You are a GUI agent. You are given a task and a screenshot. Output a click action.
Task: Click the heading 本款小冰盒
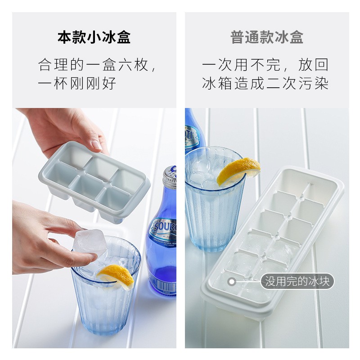[x=94, y=37]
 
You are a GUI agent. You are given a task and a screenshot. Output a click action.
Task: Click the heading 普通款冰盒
[x=267, y=37]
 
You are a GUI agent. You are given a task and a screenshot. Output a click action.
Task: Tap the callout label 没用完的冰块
[x=297, y=281]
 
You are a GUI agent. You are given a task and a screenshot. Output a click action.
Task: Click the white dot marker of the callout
[x=232, y=282]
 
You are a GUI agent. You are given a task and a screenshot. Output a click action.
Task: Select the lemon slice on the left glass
[x=117, y=277]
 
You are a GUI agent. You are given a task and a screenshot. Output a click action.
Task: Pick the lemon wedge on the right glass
[x=238, y=171]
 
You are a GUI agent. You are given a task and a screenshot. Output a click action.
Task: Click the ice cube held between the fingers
[x=90, y=243]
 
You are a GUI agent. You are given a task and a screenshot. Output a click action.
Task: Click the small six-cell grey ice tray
[x=94, y=182]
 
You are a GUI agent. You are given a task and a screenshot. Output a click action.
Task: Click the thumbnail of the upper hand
[x=97, y=145]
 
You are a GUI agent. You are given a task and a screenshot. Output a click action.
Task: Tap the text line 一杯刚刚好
[x=77, y=84]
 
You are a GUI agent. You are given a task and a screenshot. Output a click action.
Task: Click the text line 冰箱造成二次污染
[x=265, y=84]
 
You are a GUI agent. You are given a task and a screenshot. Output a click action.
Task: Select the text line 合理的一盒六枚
[x=94, y=65]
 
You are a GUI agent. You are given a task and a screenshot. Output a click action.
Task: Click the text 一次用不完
[x=241, y=65]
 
